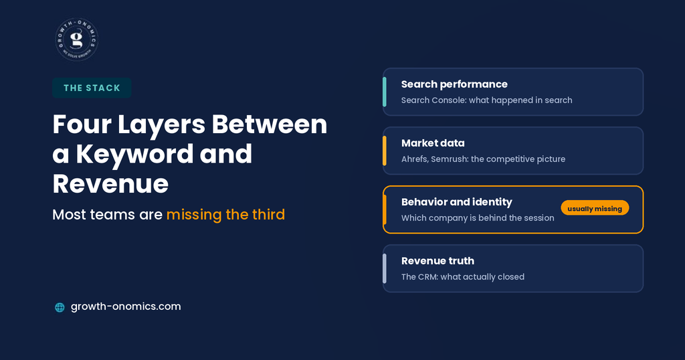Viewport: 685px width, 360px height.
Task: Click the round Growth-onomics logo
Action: point(77,39)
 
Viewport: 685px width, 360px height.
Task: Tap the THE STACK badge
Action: point(92,88)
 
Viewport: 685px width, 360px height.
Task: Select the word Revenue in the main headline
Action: point(110,183)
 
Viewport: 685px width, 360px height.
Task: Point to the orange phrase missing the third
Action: point(225,215)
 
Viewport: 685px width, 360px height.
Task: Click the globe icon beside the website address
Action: point(60,307)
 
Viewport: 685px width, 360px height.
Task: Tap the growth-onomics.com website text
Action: point(126,306)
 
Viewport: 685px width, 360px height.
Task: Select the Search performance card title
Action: point(454,84)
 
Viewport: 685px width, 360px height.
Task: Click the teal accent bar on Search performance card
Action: point(385,92)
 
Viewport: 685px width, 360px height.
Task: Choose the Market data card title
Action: point(433,143)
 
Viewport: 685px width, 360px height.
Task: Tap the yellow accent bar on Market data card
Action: point(385,151)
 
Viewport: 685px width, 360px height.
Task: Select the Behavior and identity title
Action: point(456,202)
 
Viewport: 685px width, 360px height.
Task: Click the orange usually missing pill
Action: point(595,208)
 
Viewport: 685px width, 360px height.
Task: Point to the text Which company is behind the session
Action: point(478,218)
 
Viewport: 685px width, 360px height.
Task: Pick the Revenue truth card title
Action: point(437,261)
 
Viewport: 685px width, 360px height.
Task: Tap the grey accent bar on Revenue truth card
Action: point(385,269)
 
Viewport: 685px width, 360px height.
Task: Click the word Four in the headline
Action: point(82,124)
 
